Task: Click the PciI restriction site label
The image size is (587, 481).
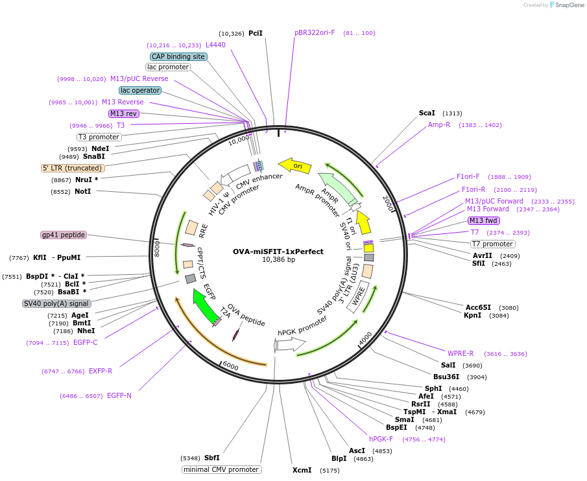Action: [256, 33]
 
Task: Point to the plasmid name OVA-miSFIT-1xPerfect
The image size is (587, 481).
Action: [278, 252]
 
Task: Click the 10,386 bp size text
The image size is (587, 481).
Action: [278, 260]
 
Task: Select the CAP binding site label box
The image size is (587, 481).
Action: [178, 56]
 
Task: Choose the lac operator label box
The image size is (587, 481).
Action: [140, 90]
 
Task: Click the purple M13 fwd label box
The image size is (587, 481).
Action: [484, 220]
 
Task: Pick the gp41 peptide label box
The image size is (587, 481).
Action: [64, 235]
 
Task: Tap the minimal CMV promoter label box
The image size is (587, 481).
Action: [222, 469]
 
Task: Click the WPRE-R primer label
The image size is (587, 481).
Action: [461, 353]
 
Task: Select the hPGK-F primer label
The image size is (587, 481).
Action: [381, 439]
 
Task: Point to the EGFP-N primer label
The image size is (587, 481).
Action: [119, 395]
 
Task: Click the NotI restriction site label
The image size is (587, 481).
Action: [82, 192]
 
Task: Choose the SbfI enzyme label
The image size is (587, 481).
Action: [212, 458]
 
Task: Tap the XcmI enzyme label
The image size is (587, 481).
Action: [302, 470]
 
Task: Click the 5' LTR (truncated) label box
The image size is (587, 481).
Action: [73, 168]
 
